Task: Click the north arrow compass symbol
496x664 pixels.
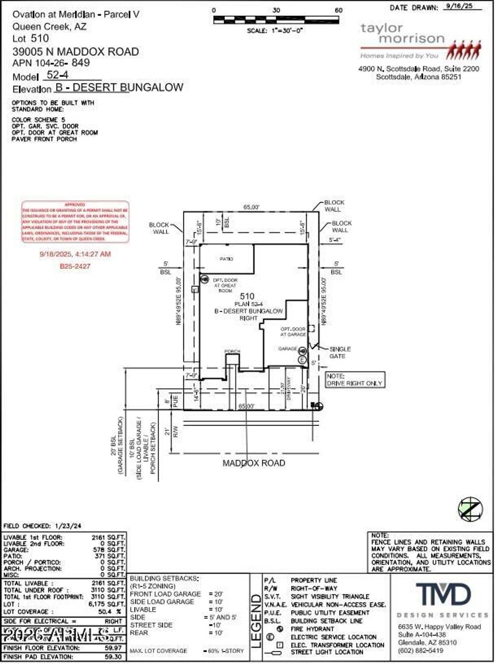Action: point(470,509)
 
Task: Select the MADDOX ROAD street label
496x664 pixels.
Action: point(253,463)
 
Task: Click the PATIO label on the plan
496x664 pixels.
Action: point(226,259)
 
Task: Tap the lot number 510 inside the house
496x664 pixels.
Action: point(247,296)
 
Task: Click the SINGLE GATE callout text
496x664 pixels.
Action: point(340,352)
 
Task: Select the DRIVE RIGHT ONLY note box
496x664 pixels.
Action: point(355,379)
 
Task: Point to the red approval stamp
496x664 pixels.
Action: point(75,222)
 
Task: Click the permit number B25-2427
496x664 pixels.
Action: point(75,266)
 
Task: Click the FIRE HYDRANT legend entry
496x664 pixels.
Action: point(312,629)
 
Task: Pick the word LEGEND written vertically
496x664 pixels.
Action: point(256,621)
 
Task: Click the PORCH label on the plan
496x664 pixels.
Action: point(232,351)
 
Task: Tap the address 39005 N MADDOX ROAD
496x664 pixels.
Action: point(76,51)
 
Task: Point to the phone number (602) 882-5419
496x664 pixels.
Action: point(420,650)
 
